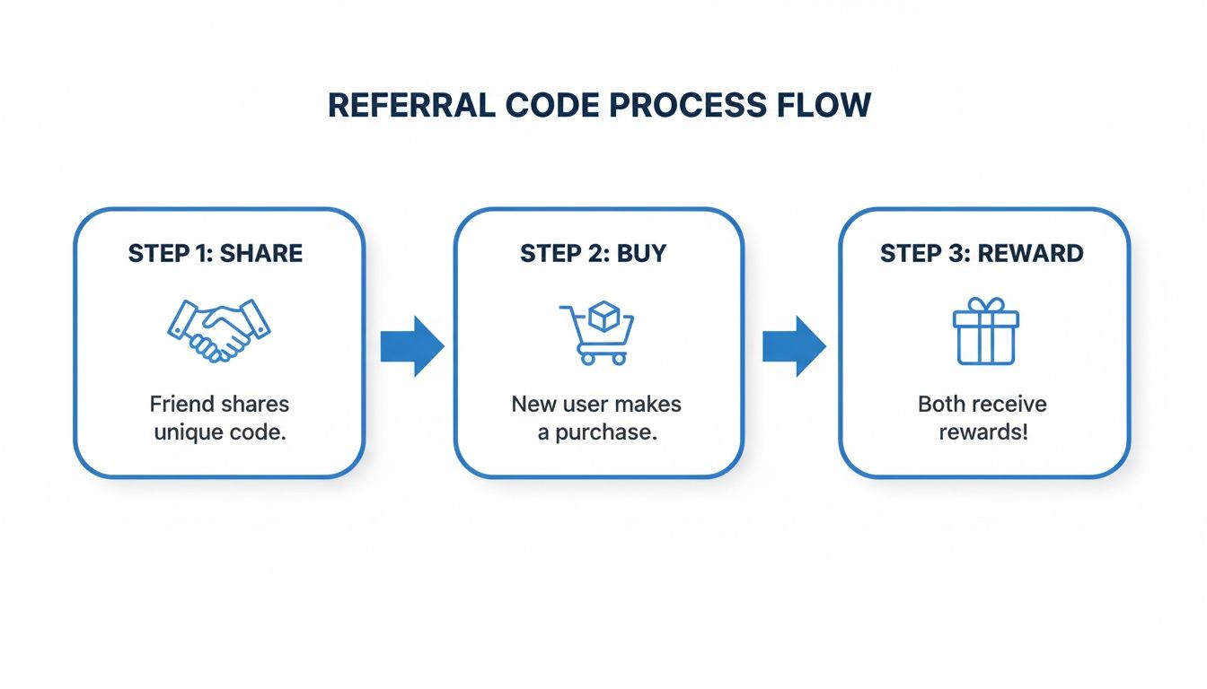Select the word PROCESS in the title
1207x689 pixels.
tap(689, 105)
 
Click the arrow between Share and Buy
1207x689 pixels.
tap(411, 345)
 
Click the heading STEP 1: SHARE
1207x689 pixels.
tap(216, 253)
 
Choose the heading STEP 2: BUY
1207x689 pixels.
tap(594, 253)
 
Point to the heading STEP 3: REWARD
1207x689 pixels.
tap(982, 253)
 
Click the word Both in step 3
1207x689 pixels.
tap(940, 404)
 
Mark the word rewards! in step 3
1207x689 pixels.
tap(983, 432)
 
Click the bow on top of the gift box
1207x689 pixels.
tap(985, 305)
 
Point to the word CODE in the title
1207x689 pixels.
tap(547, 105)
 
